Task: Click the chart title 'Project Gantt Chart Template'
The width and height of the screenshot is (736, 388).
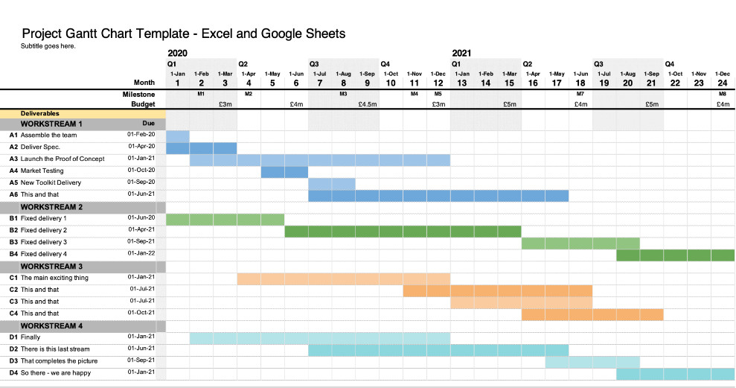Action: pos(183,34)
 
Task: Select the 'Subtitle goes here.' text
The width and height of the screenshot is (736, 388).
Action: pos(48,46)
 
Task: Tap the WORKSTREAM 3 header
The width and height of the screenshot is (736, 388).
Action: pos(51,267)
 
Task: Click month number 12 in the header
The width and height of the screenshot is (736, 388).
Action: pos(438,83)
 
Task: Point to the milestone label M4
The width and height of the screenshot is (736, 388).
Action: pos(415,95)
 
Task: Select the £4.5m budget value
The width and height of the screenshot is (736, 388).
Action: pos(367,104)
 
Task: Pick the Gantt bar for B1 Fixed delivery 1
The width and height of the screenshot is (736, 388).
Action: pos(225,219)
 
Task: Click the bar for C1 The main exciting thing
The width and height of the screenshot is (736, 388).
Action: pos(344,279)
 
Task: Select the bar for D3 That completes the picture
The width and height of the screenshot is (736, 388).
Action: pos(592,362)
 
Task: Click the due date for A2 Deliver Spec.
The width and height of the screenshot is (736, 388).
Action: pos(141,147)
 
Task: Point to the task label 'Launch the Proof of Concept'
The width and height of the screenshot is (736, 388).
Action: pos(63,159)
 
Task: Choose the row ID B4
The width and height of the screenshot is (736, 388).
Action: pos(13,254)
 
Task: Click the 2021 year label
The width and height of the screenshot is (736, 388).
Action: pos(461,54)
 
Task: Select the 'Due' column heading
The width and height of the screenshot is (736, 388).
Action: pos(149,124)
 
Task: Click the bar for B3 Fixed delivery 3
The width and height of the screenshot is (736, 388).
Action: pos(580,243)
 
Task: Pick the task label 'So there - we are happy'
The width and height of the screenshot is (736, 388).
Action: pos(56,372)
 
